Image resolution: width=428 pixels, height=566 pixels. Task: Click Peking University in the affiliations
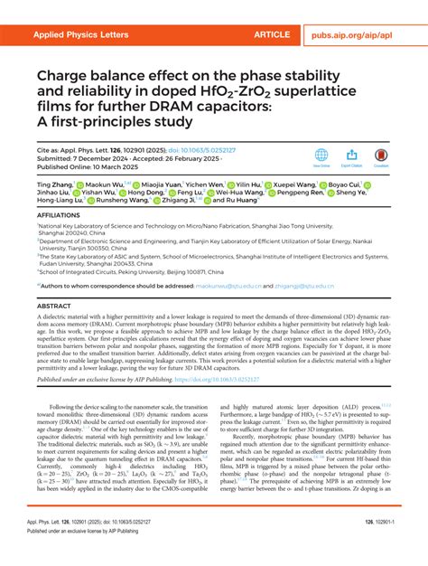click(x=154, y=296)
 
